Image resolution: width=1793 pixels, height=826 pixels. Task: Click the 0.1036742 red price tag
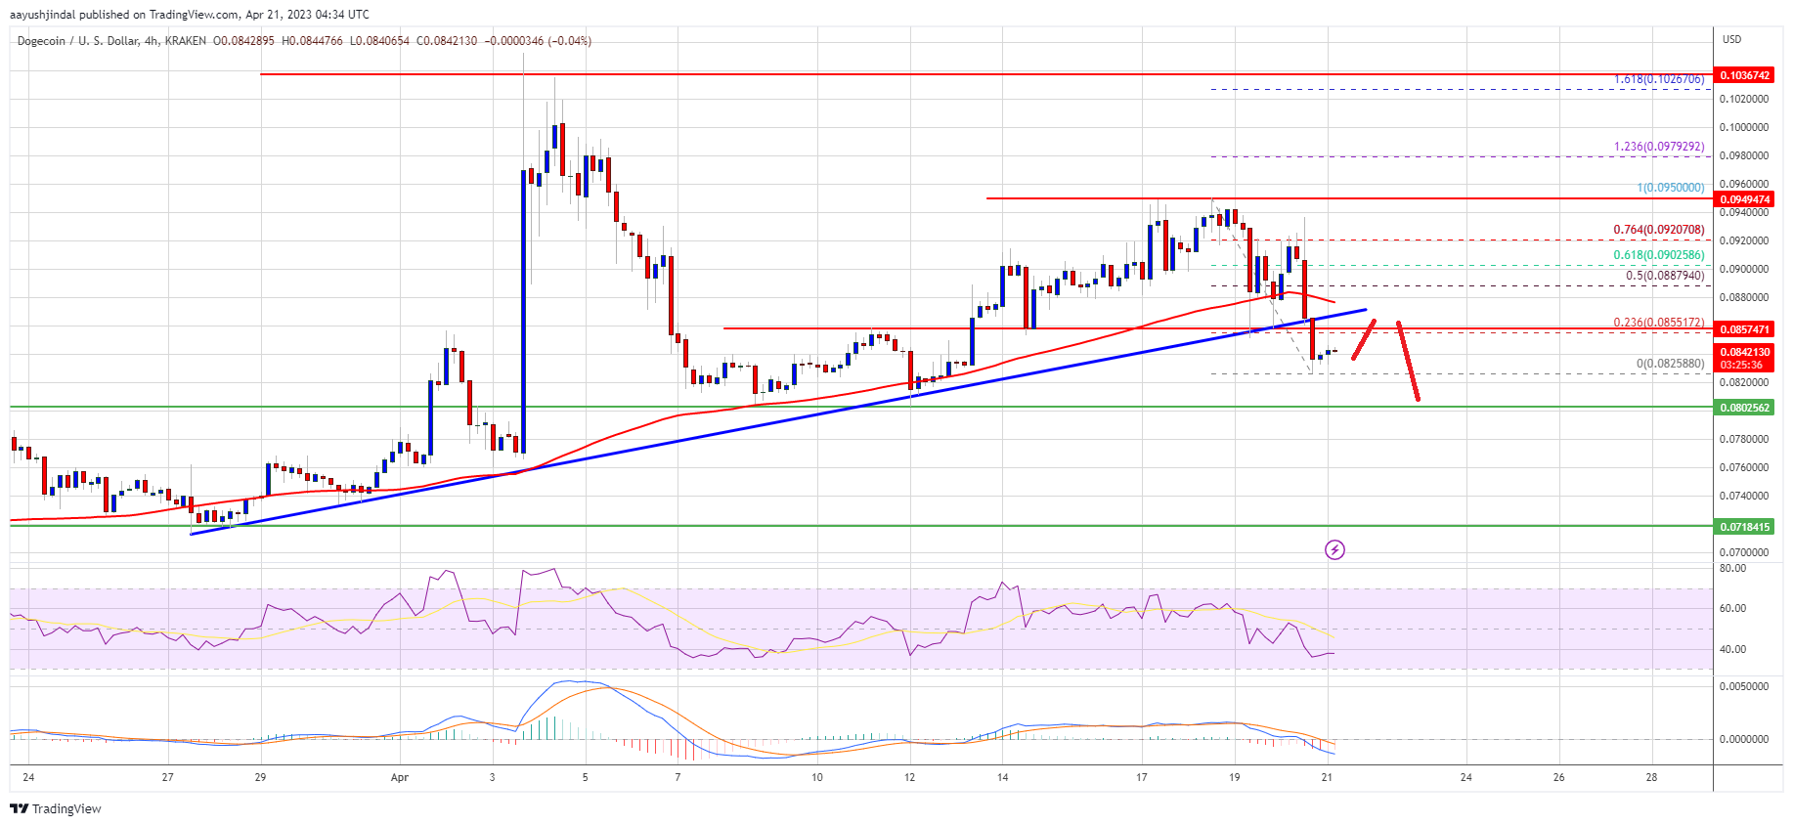pyautogui.click(x=1744, y=75)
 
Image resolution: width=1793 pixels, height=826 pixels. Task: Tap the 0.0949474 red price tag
pyautogui.click(x=1744, y=199)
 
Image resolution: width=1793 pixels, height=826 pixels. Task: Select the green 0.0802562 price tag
pyautogui.click(x=1744, y=408)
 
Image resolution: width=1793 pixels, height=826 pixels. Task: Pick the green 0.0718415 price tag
pyautogui.click(x=1744, y=527)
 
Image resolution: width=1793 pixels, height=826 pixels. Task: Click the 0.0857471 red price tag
pyautogui.click(x=1744, y=329)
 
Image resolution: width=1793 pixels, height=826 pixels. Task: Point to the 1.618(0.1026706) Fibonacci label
pyautogui.click(x=1658, y=79)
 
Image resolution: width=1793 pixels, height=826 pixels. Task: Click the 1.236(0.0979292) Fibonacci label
pyautogui.click(x=1658, y=147)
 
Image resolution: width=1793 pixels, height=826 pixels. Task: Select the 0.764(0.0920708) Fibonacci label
pyautogui.click(x=1658, y=230)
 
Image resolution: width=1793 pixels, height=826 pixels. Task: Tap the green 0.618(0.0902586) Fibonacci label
pyautogui.click(x=1658, y=255)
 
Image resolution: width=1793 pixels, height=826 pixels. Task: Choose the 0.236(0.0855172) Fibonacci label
pyautogui.click(x=1658, y=322)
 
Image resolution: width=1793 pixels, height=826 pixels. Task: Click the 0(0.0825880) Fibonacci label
pyautogui.click(x=1670, y=364)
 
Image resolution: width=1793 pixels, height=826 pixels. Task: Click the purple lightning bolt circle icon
pyautogui.click(x=1334, y=550)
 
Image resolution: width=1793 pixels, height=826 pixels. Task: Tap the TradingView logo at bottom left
pyautogui.click(x=56, y=808)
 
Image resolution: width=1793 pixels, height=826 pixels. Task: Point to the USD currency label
pyautogui.click(x=1731, y=39)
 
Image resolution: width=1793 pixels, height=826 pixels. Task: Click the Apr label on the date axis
pyautogui.click(x=399, y=778)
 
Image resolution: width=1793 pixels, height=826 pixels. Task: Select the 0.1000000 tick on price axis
pyautogui.click(x=1744, y=127)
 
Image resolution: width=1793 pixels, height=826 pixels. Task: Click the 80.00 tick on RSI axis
pyautogui.click(x=1732, y=568)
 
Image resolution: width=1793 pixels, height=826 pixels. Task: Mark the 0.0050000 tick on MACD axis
pyautogui.click(x=1744, y=686)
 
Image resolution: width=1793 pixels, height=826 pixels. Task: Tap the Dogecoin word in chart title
pyautogui.click(x=41, y=41)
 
